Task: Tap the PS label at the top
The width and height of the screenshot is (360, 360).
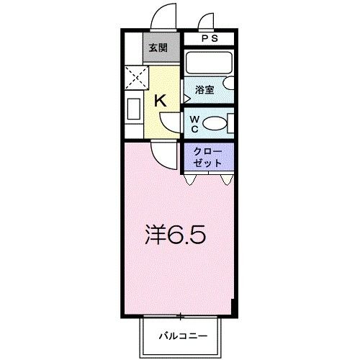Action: tap(208, 39)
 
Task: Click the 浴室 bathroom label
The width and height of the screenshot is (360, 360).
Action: tap(204, 90)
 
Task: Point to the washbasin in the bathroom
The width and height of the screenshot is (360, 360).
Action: tap(228, 84)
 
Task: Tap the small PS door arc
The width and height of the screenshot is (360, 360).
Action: tap(208, 22)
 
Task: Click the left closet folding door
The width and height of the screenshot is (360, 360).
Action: tap(189, 179)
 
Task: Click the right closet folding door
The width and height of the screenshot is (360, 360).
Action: tap(228, 179)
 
